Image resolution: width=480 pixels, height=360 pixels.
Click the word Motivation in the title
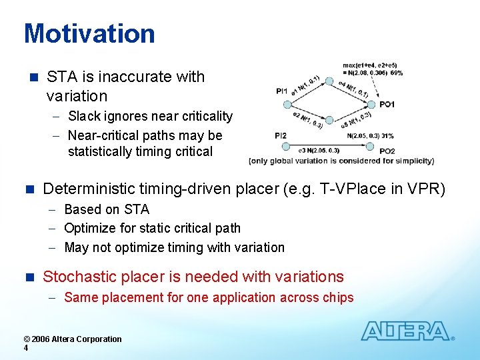click(x=89, y=33)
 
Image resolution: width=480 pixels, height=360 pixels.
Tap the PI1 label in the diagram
click(x=281, y=91)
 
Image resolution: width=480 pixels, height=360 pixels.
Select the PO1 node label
click(x=387, y=104)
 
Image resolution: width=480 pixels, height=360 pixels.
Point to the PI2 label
click(x=281, y=136)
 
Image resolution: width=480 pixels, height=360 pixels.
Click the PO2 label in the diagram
click(x=387, y=151)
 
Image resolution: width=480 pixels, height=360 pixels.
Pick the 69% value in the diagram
click(x=397, y=72)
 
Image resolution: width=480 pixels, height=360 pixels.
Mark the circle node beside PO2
click(x=371, y=150)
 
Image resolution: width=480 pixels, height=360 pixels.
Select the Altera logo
click(x=406, y=331)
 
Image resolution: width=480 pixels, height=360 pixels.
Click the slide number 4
click(x=26, y=348)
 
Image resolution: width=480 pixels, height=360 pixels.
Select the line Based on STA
click(x=107, y=209)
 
